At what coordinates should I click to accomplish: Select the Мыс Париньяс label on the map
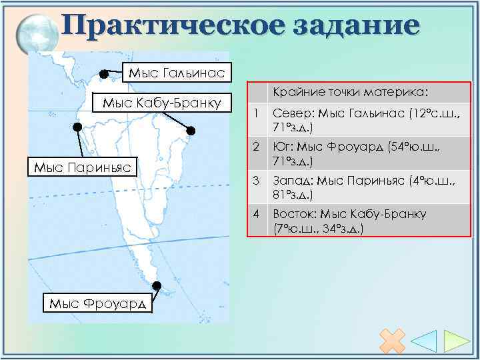(x=83, y=166)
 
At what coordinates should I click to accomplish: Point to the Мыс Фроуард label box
(x=99, y=303)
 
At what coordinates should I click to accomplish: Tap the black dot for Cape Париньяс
(x=77, y=127)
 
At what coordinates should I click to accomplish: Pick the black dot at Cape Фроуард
(x=156, y=287)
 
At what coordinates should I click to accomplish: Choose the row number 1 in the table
(x=257, y=115)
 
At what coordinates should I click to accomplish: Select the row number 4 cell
(x=257, y=214)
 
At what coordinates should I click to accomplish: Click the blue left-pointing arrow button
(x=425, y=341)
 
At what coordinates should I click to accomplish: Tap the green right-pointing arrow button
(x=457, y=341)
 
